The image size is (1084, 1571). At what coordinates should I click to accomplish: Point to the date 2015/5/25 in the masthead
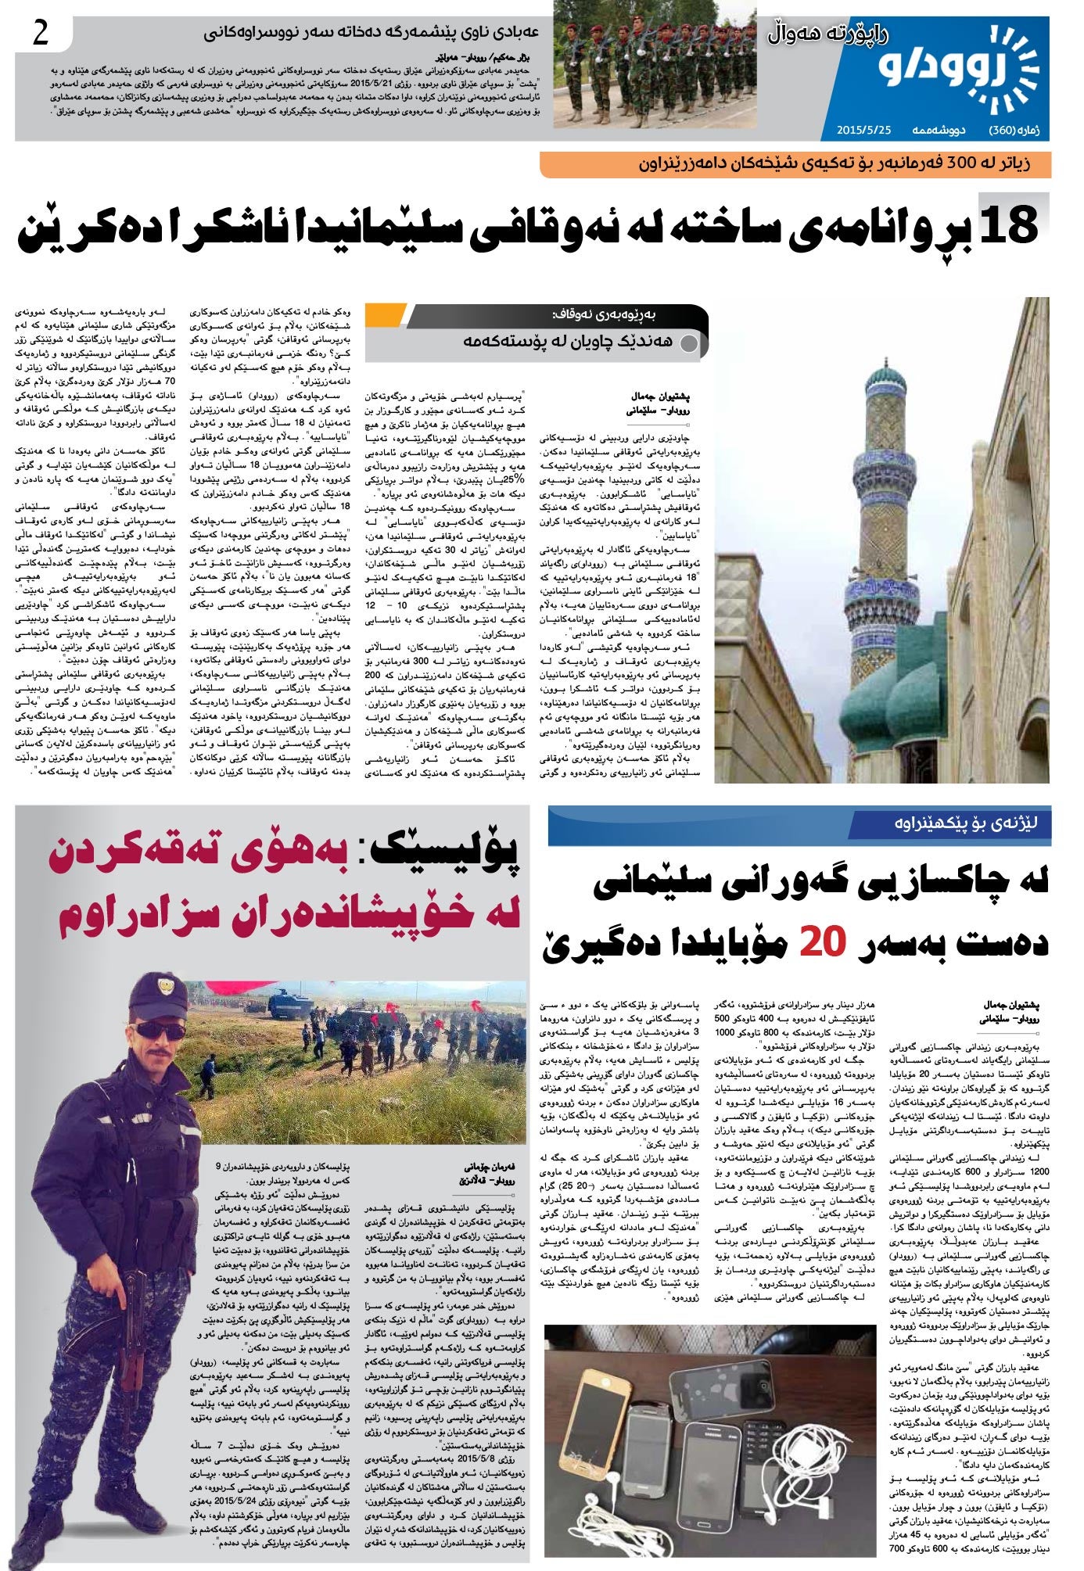point(863,129)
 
